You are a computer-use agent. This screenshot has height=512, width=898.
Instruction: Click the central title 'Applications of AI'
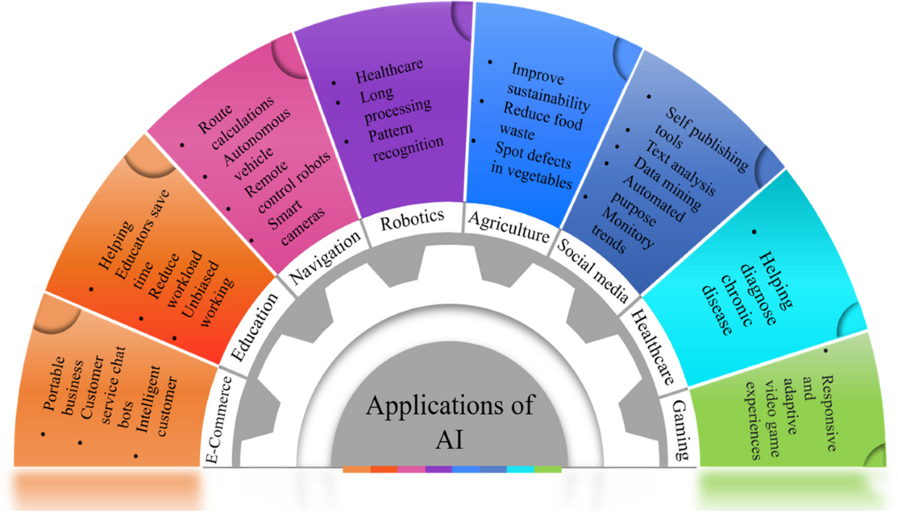pyautogui.click(x=449, y=421)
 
